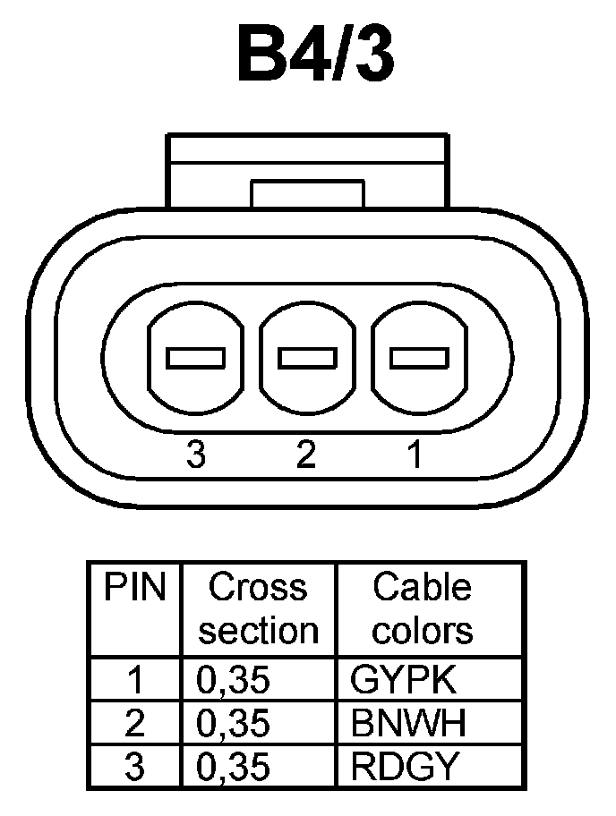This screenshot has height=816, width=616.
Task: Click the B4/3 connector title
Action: click(x=316, y=55)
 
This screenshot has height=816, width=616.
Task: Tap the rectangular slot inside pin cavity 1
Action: click(x=418, y=358)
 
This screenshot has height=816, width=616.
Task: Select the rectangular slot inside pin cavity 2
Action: click(x=307, y=358)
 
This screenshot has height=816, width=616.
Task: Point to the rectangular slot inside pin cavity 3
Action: click(x=196, y=358)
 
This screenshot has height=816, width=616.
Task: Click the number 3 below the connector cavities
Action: click(x=196, y=455)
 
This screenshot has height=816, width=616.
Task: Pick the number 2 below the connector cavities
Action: click(x=306, y=455)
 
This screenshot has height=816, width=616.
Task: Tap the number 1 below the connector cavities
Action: click(x=415, y=455)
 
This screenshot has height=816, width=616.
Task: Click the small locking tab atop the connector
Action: click(x=307, y=192)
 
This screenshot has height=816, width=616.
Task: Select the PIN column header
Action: click(x=135, y=588)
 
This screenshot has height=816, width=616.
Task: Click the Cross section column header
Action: click(x=258, y=609)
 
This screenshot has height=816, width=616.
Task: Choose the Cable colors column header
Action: click(x=422, y=609)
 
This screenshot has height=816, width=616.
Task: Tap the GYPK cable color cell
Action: click(x=404, y=681)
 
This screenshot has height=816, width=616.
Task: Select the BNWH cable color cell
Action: click(x=408, y=724)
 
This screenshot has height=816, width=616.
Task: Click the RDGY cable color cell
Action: click(x=405, y=767)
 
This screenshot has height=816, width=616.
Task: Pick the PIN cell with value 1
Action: click(x=135, y=681)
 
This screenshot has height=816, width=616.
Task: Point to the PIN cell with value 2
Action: click(x=135, y=724)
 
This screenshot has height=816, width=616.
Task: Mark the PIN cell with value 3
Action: click(x=135, y=767)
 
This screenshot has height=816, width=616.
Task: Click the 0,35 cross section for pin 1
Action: click(x=232, y=681)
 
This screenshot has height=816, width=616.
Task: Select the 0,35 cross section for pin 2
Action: click(x=232, y=724)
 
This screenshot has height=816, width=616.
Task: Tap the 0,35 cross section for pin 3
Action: click(x=232, y=767)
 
